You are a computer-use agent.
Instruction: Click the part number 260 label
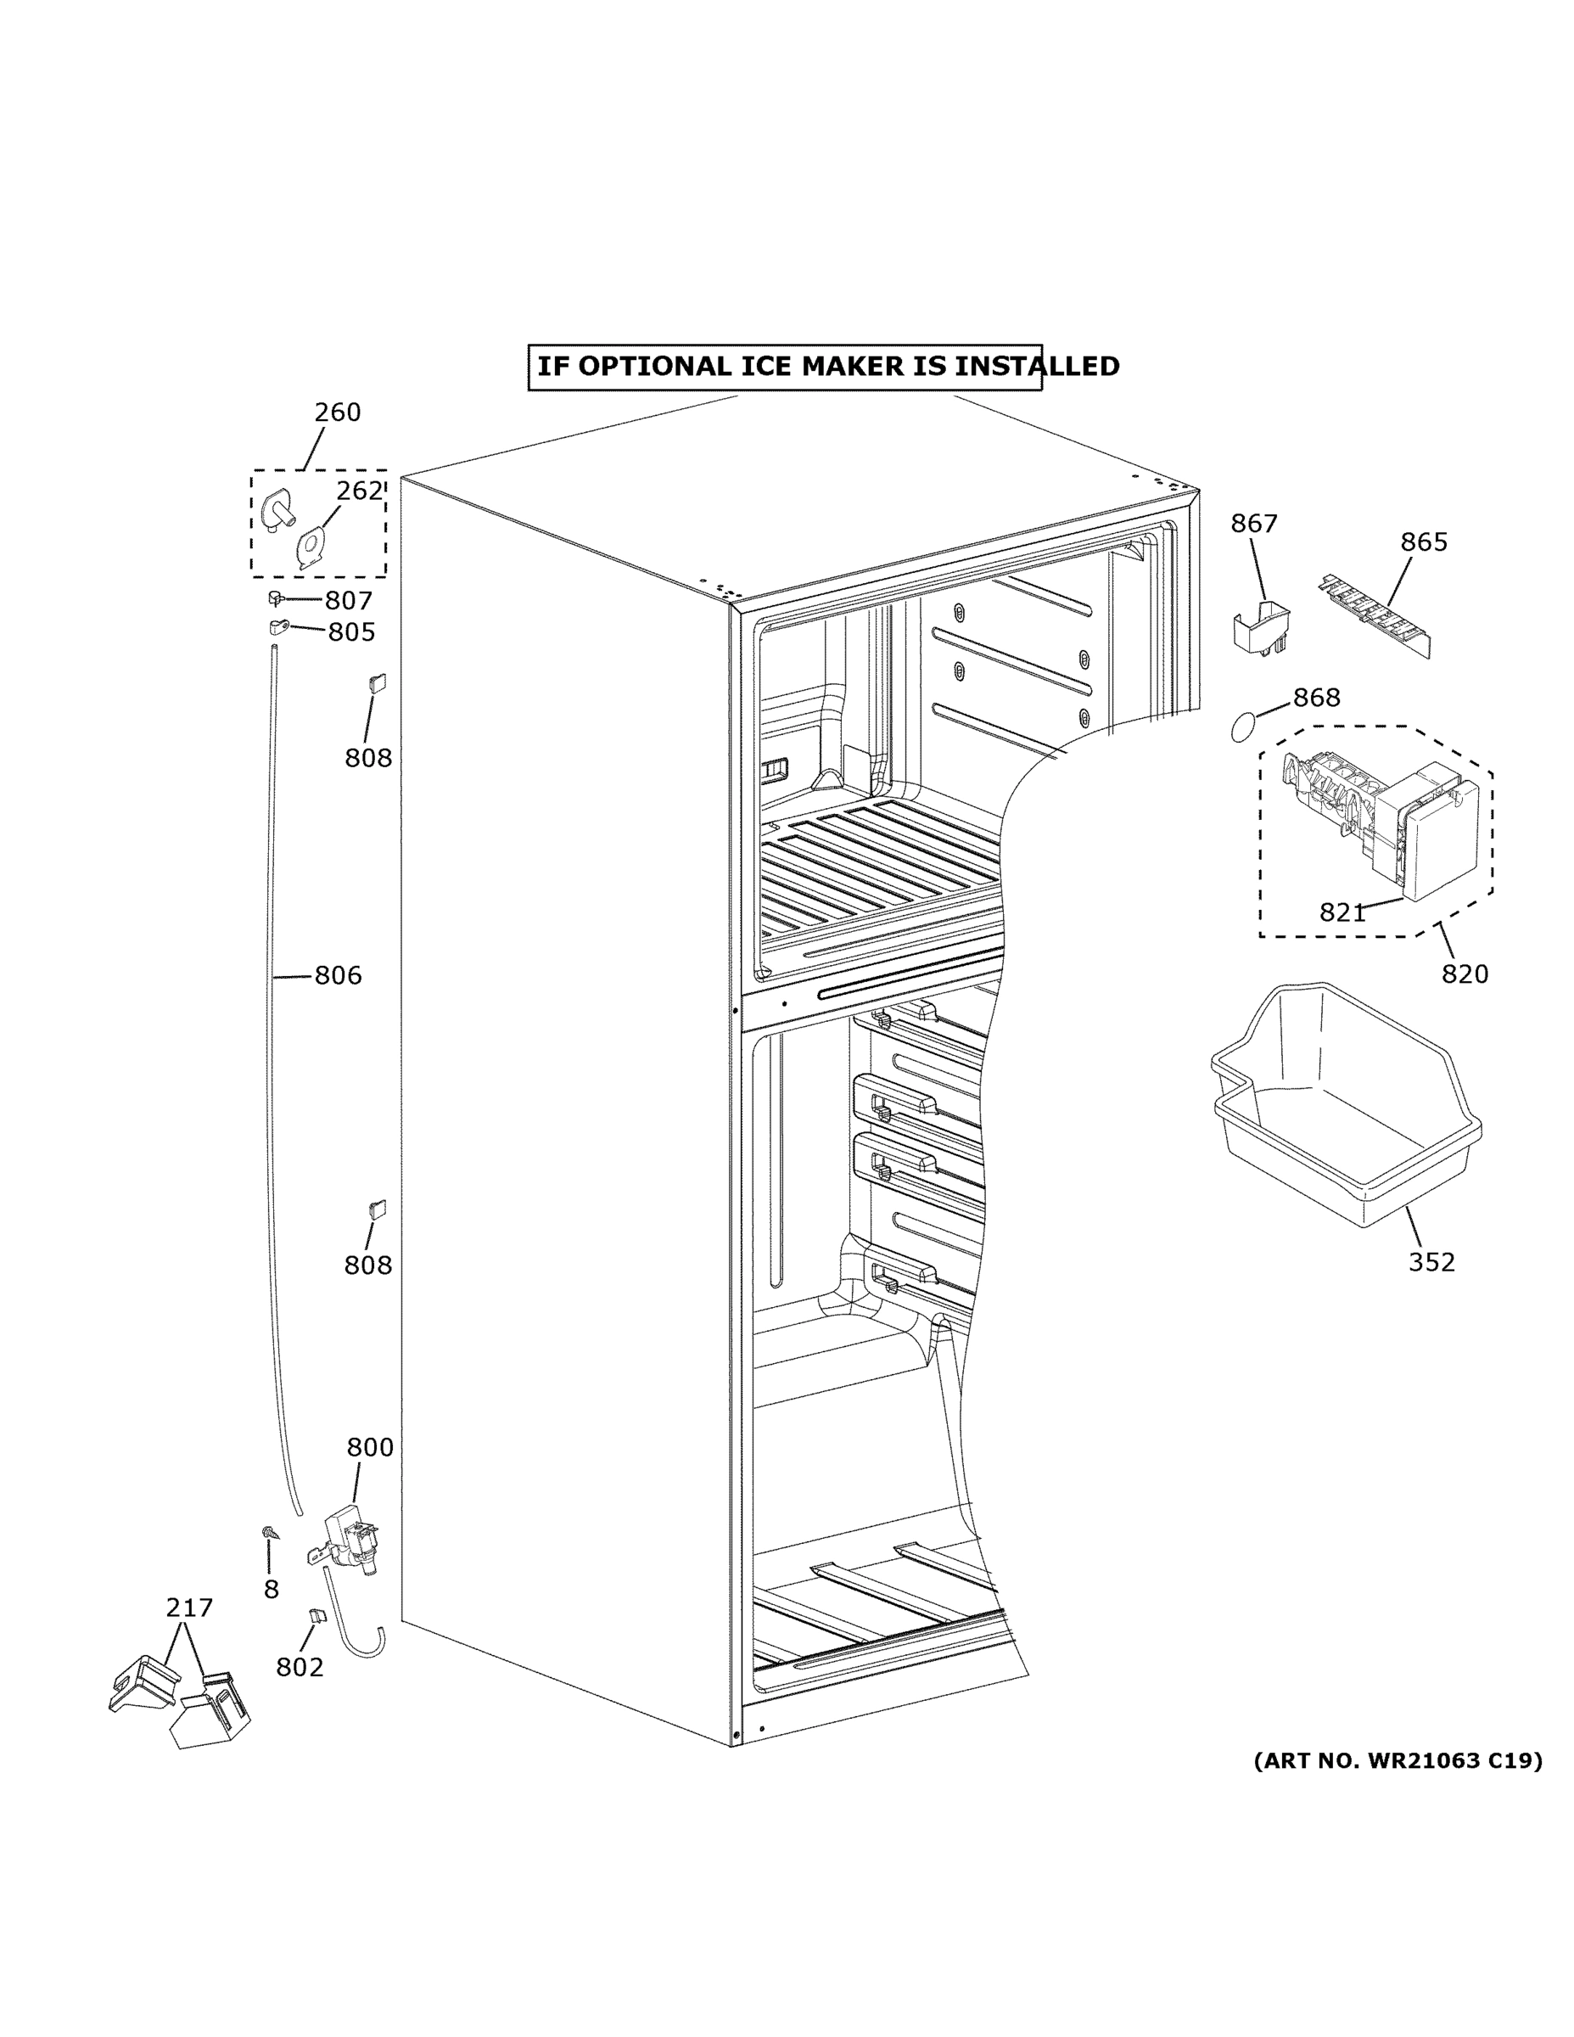pyautogui.click(x=337, y=412)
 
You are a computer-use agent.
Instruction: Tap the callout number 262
pyautogui.click(x=360, y=491)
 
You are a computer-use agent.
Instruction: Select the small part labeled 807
pyautogui.click(x=275, y=598)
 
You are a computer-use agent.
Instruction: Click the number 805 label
pyautogui.click(x=350, y=632)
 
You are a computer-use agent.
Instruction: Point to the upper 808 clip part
pyautogui.click(x=378, y=682)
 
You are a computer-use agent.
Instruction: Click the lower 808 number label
pyautogui.click(x=367, y=1265)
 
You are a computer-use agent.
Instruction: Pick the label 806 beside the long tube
pyautogui.click(x=337, y=975)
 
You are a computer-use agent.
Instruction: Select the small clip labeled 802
pyautogui.click(x=316, y=1615)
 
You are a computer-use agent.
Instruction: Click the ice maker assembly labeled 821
pyautogui.click(x=1380, y=821)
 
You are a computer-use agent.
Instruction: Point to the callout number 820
pyautogui.click(x=1464, y=974)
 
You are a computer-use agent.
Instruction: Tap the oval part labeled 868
pyautogui.click(x=1244, y=727)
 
